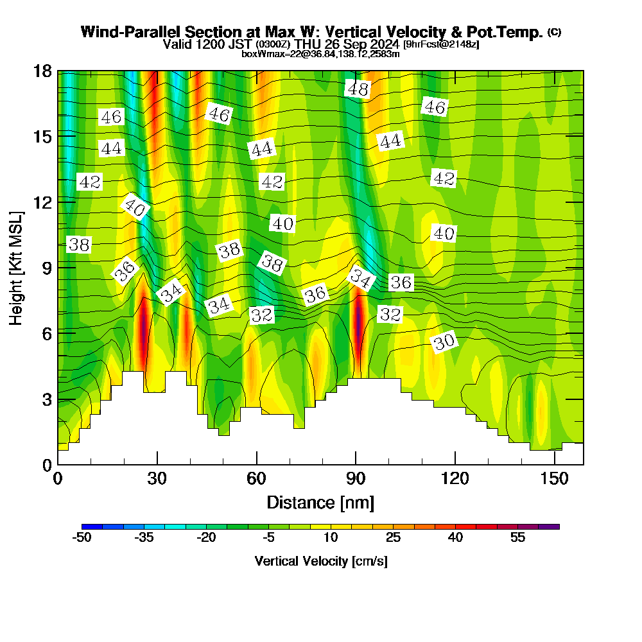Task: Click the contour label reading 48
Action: [x=358, y=89]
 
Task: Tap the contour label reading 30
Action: [x=444, y=342]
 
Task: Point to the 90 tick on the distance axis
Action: [x=356, y=478]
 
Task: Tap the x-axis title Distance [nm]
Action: [x=320, y=502]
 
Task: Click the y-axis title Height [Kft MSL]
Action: [x=17, y=267]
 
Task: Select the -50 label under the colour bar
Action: [x=82, y=537]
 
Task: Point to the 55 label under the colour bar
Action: [x=518, y=537]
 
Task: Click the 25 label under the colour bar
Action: [x=393, y=537]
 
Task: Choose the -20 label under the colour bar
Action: [x=206, y=537]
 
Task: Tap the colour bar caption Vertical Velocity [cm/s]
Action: [x=321, y=561]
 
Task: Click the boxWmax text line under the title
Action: [x=320, y=54]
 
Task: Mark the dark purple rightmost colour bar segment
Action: [x=551, y=526]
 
